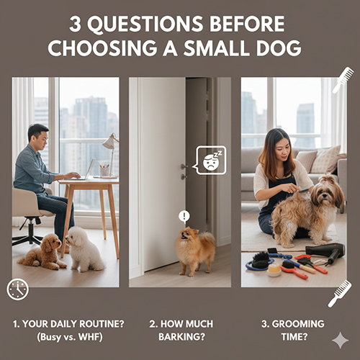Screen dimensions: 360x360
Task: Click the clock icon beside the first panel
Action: point(17,289)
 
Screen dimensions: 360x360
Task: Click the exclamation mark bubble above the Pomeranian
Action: point(184,215)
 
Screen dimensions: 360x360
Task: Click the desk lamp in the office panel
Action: point(110,147)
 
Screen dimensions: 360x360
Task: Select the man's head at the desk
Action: point(38,135)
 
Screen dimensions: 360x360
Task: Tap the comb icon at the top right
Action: point(343,79)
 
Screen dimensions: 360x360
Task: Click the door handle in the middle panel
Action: point(184,168)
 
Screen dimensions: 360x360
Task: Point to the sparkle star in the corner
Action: point(339,341)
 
